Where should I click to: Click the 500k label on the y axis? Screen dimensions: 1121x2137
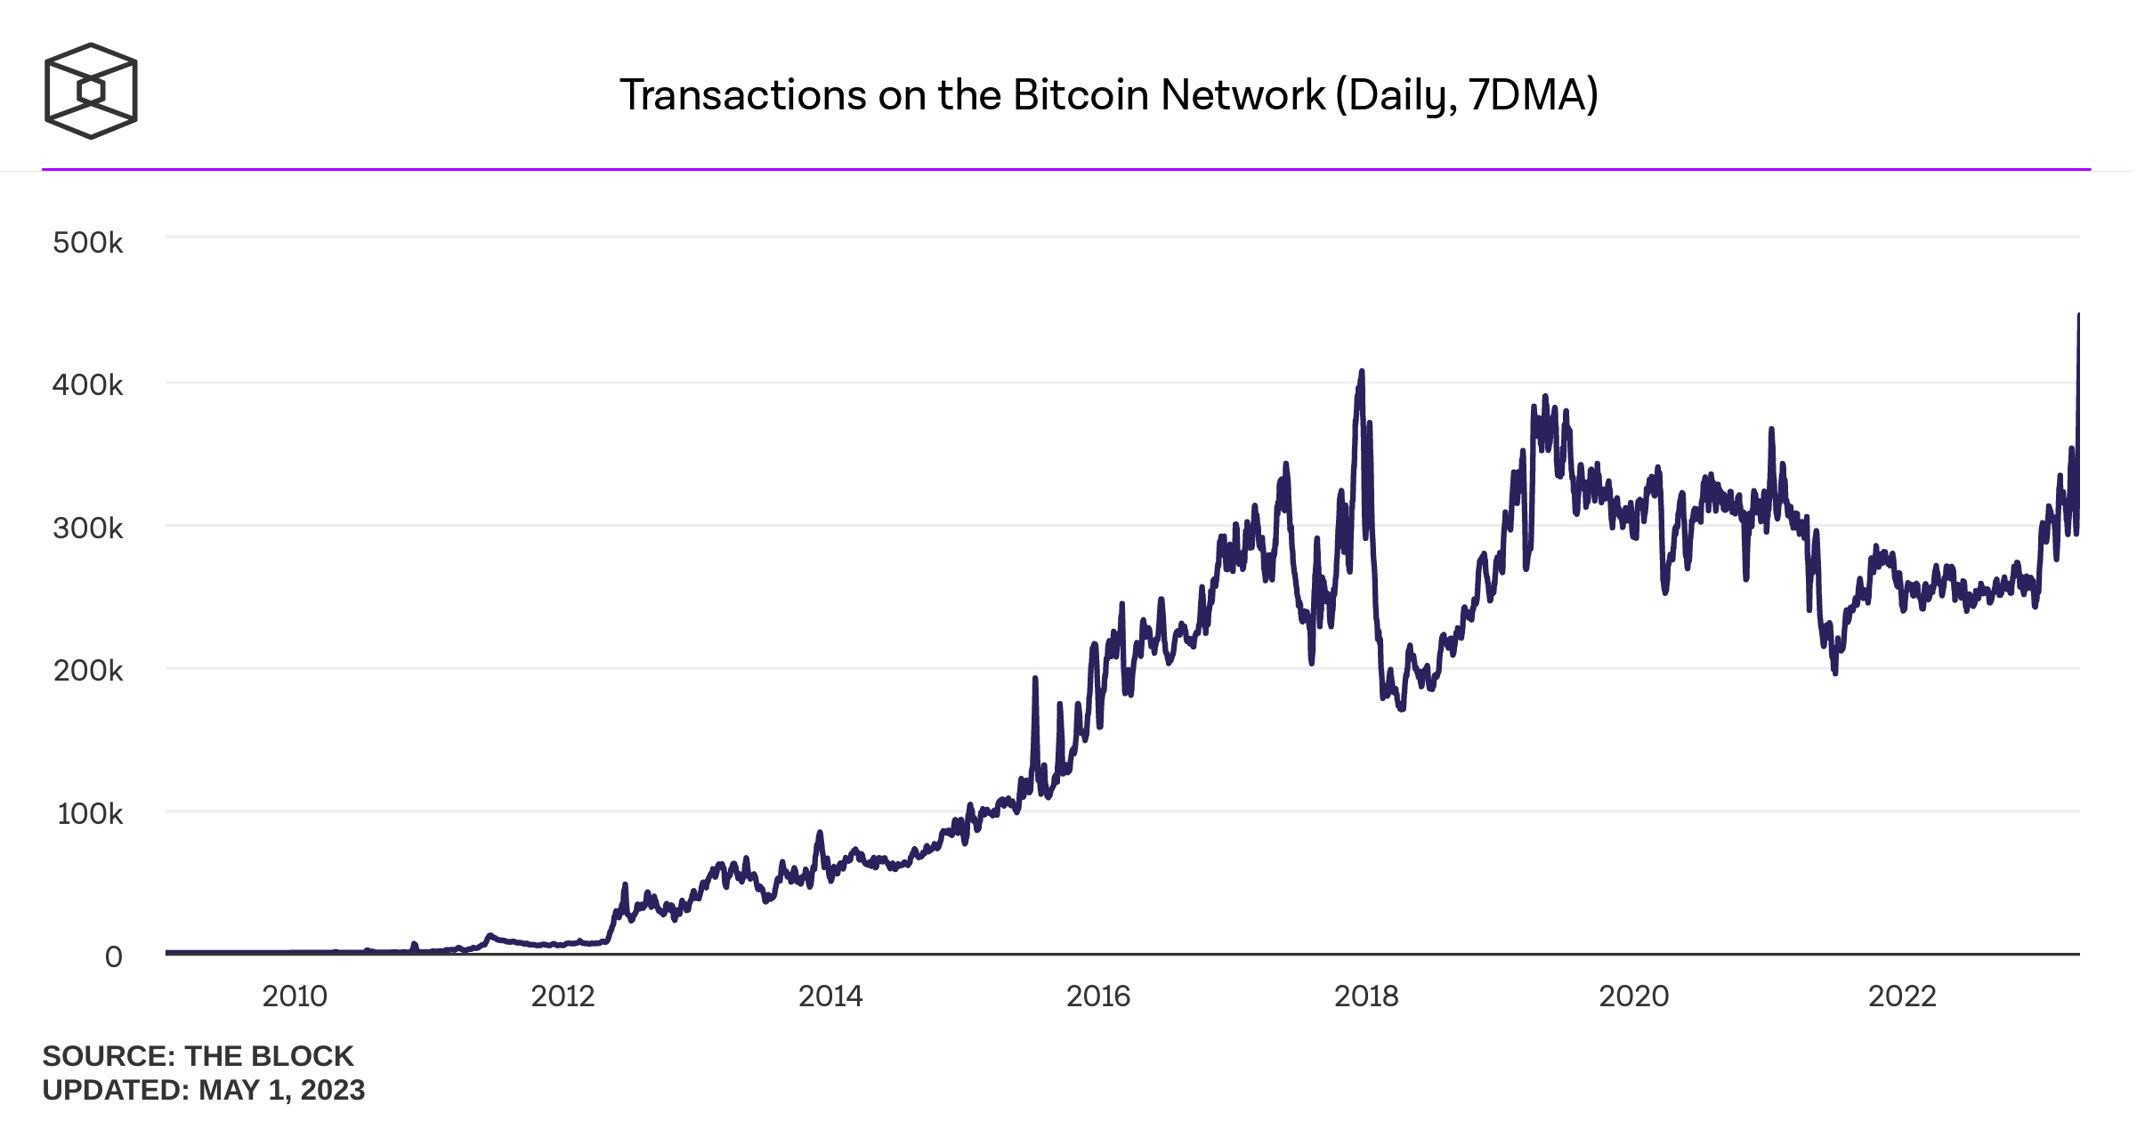87,243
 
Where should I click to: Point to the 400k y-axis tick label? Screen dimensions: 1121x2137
87,385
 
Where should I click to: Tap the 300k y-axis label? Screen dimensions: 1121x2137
87,528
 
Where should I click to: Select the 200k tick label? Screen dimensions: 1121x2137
87,671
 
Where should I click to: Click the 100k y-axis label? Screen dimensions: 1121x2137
89,814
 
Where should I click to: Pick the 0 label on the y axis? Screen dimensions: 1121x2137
113,957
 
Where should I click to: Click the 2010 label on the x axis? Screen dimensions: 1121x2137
295,996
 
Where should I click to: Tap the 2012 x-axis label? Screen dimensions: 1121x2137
563,996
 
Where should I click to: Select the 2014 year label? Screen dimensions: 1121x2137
830,996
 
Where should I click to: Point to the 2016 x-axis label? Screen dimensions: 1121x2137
1098,996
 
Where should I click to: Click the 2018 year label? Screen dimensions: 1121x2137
1366,996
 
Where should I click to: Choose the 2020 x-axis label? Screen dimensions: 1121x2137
1634,996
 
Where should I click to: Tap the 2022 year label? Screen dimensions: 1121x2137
1902,996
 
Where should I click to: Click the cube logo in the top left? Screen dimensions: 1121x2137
91,91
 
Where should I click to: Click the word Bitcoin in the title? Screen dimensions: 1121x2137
1080,95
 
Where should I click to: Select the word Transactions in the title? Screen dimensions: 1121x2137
743,95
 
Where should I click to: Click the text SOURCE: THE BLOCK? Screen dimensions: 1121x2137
198,1056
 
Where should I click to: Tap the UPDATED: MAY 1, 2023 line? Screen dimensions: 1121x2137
203,1090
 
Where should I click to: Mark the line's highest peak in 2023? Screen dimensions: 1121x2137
2078,315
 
